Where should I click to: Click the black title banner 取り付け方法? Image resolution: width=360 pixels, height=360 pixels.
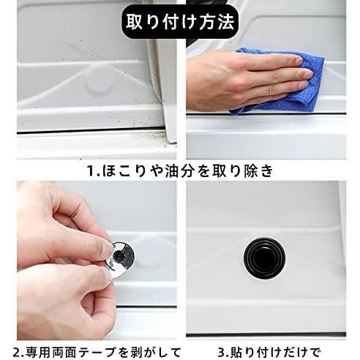coord(180,21)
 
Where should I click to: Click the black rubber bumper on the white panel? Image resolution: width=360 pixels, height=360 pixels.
coord(265,259)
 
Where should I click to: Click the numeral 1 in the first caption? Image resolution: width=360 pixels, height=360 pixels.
coord(90,171)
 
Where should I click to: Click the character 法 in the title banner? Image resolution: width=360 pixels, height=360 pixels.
coord(226,22)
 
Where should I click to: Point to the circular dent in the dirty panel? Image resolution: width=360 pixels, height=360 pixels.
coord(100,86)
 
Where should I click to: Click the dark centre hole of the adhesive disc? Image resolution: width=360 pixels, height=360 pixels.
coord(119,256)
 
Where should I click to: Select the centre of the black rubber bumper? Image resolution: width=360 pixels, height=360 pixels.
coord(265,259)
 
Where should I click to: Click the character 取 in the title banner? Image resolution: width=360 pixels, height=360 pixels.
coord(135,22)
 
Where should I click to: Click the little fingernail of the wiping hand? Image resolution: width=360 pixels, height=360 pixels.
coord(303,86)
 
